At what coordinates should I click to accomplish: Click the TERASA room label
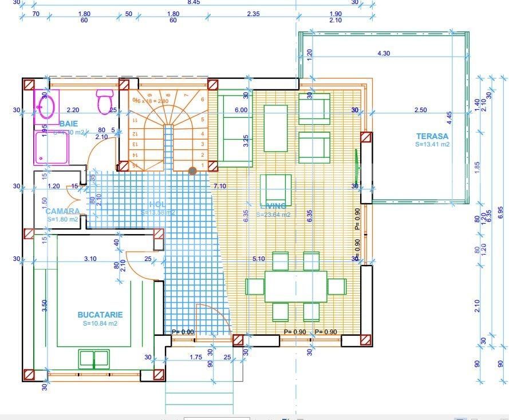pos(432,136)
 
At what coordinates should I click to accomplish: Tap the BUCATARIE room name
pos(100,315)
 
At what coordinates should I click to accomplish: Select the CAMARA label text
pos(62,211)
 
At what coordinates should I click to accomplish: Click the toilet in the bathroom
pos(104,101)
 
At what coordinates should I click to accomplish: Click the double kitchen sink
pos(94,359)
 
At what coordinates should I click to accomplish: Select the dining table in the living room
pos(295,286)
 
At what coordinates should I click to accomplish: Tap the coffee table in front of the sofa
pos(275,128)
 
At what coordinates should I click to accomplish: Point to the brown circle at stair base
pos(193,171)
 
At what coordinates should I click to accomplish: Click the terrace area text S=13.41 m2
pos(433,145)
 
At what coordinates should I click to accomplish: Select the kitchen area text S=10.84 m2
pos(100,323)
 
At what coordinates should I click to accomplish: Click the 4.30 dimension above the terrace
pos(384,53)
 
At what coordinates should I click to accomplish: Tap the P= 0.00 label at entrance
pos(183,332)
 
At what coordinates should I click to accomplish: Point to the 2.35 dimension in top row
pos(254,14)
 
